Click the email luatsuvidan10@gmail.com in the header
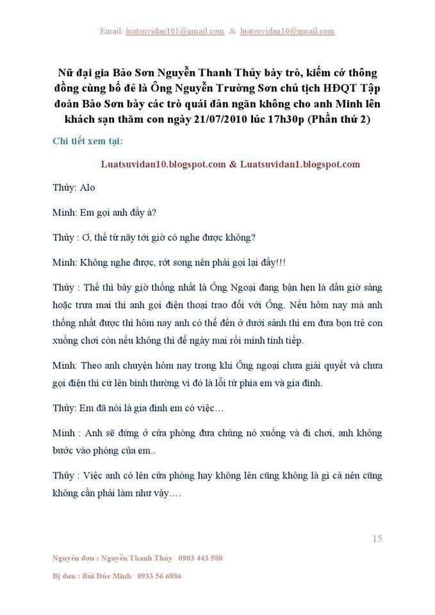287,31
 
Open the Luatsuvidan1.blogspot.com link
300,164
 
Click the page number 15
377,539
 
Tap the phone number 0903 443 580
201,558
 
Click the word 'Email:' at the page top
111,31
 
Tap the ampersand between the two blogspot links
232,164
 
